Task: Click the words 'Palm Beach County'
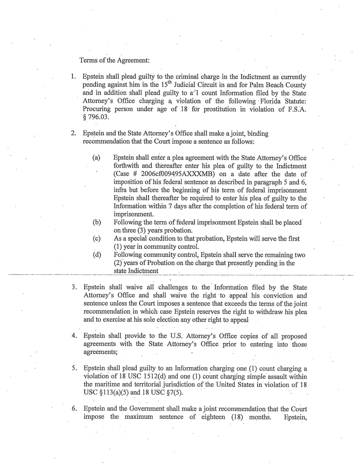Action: click(x=304, y=86)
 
